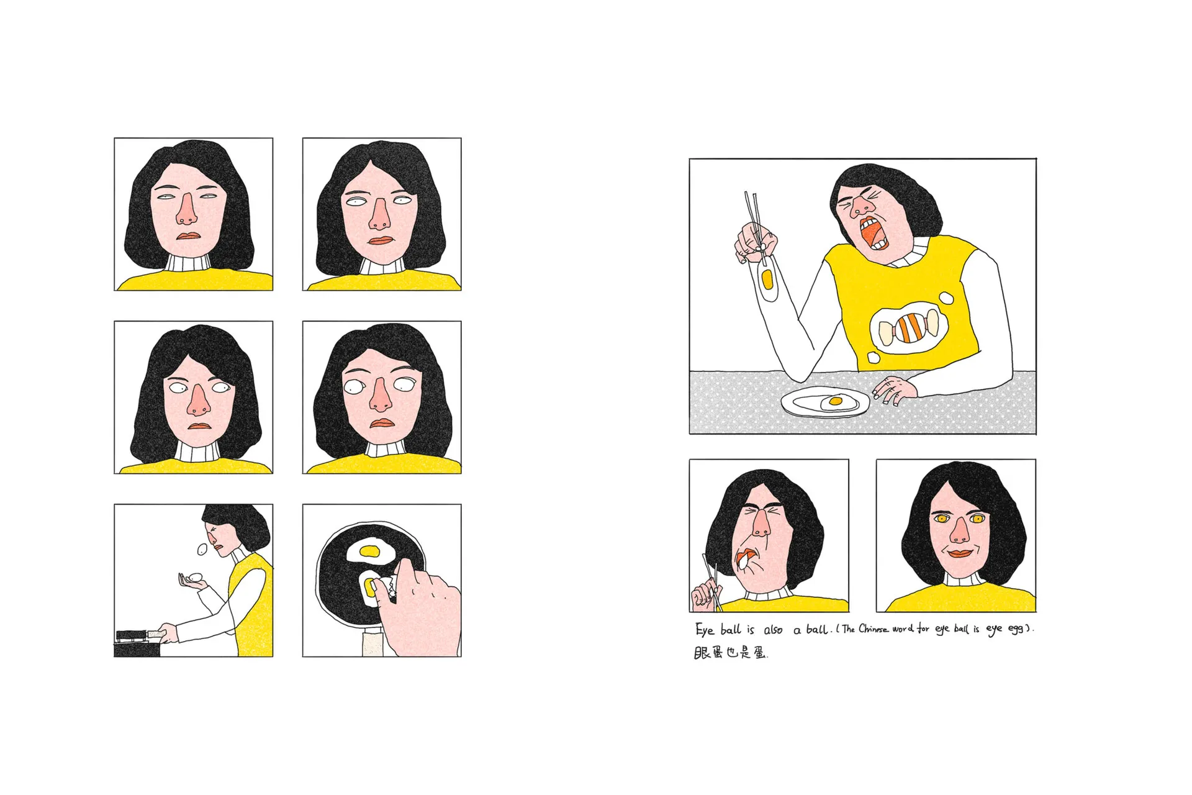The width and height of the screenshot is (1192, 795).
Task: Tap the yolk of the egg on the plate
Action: [836, 401]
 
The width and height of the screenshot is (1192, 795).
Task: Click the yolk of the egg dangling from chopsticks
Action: [767, 279]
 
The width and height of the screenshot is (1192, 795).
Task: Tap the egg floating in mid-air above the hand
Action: [202, 550]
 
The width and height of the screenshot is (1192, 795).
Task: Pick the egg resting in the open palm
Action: [196, 577]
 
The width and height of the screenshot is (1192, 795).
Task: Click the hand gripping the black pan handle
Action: [167, 633]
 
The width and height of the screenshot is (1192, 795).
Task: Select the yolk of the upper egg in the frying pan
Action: [370, 550]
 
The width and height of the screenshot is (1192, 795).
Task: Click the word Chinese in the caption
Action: [874, 629]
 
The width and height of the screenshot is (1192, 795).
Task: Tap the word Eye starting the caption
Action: [705, 630]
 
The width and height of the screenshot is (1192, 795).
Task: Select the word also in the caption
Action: [773, 630]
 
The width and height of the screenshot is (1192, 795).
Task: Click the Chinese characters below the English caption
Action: [731, 653]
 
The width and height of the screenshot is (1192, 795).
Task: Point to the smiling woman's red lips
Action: [956, 553]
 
